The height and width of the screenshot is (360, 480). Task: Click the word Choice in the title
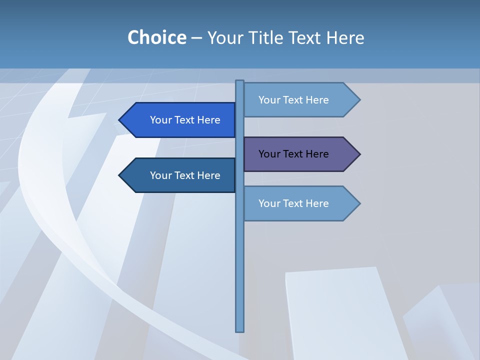point(156,37)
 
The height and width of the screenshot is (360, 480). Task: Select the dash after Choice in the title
point(196,38)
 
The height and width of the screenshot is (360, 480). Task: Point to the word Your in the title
point(225,37)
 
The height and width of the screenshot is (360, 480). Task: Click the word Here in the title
point(345,37)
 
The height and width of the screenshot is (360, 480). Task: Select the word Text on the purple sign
point(293,154)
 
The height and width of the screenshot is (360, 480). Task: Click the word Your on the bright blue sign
point(160,120)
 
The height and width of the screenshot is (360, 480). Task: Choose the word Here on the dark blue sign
point(209,175)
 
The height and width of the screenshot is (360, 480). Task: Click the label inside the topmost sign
point(293,100)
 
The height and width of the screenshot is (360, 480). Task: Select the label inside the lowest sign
point(293,203)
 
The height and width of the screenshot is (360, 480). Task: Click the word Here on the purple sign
point(317,154)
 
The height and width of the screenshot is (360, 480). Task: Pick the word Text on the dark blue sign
point(185,175)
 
